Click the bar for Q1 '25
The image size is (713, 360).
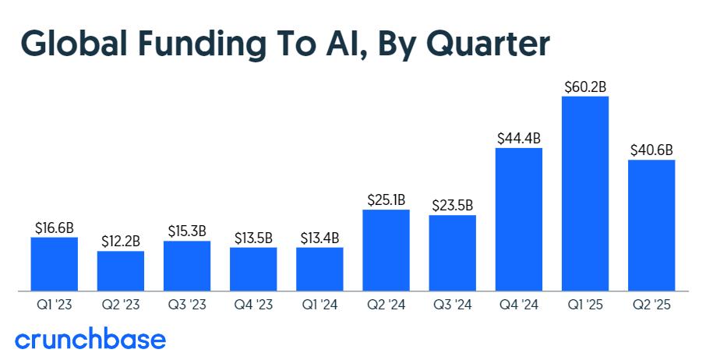coord(585,193)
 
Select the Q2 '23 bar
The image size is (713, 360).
coord(121,270)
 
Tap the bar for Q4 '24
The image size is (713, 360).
coord(519,219)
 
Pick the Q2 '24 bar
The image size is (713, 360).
coord(387,250)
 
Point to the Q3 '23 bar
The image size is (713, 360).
coord(187,266)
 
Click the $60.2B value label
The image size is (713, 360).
coord(585,86)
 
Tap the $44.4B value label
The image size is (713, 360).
coord(519,138)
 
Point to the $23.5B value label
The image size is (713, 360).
coord(453,206)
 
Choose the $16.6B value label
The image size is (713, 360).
coord(55,228)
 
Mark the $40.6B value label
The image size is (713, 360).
coord(651,150)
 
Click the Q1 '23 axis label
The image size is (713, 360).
coord(55,305)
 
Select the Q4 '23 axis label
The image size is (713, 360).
coord(253,305)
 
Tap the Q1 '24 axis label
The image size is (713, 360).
coord(319,305)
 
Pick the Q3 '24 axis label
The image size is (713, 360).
coord(453,305)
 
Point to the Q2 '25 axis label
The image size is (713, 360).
coord(651,305)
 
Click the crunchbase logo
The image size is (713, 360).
coord(90,340)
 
